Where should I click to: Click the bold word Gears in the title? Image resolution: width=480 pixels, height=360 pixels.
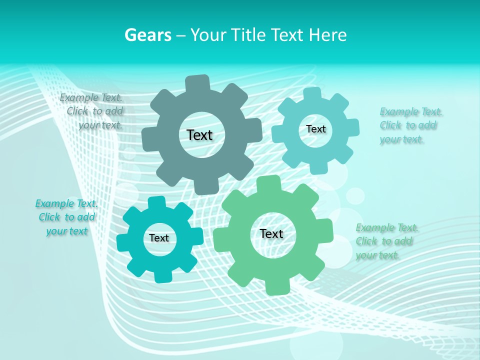click(x=147, y=35)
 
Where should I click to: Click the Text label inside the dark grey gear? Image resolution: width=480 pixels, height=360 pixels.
click(x=199, y=135)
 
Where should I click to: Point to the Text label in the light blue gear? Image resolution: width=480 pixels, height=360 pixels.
click(x=315, y=129)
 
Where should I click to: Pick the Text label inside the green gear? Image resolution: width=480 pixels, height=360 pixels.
click(x=271, y=233)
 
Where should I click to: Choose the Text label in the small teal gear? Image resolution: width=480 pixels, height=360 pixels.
click(x=159, y=238)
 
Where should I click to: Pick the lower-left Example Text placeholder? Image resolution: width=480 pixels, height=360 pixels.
click(x=66, y=217)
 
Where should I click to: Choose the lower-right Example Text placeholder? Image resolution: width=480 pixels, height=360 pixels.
click(x=385, y=241)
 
